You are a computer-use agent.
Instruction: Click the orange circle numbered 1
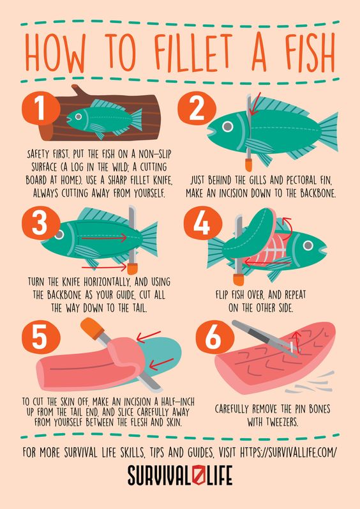pyautogui.click(x=41, y=108)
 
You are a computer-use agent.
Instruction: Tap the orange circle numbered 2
pyautogui.click(x=197, y=108)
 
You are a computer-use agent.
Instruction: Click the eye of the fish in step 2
pyautogui.click(x=228, y=126)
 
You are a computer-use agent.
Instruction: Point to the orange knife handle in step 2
pyautogui.click(x=249, y=165)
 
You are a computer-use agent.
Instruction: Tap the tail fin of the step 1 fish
pyautogui.click(x=137, y=120)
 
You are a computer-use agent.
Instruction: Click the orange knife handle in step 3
pyautogui.click(x=132, y=269)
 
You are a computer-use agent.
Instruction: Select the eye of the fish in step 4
pyautogui.click(x=308, y=245)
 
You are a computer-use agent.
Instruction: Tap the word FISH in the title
pyautogui.click(x=310, y=53)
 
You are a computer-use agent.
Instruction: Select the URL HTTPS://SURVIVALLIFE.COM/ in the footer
pyautogui.click(x=289, y=452)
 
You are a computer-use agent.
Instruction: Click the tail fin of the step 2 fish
pyautogui.click(x=328, y=132)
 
